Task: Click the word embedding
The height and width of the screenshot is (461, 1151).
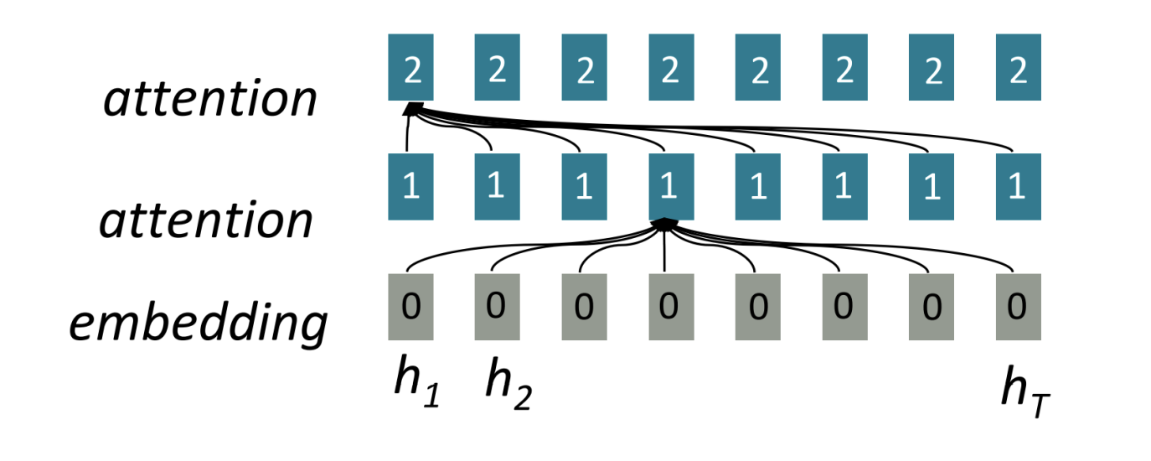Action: pos(198,321)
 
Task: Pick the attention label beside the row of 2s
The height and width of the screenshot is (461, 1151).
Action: pos(210,99)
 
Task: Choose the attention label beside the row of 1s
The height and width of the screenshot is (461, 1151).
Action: pos(206,220)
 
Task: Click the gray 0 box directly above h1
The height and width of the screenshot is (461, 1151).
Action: pos(410,307)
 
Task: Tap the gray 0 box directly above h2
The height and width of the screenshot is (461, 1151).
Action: pos(497,307)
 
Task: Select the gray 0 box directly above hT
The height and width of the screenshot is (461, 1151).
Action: pos(1018,307)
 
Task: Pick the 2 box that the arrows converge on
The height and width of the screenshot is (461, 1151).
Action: pos(410,67)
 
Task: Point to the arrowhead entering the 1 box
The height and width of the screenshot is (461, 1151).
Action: pos(664,224)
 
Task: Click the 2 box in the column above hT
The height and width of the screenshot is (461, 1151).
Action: pos(1018,67)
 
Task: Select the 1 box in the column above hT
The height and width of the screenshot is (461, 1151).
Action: pos(1018,186)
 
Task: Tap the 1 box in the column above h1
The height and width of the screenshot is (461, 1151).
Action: pos(410,186)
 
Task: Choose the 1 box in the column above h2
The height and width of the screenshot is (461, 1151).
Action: pos(497,186)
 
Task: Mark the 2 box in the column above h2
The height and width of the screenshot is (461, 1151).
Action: pos(497,67)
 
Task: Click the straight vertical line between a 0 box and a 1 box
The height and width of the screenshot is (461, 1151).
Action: pos(664,251)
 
